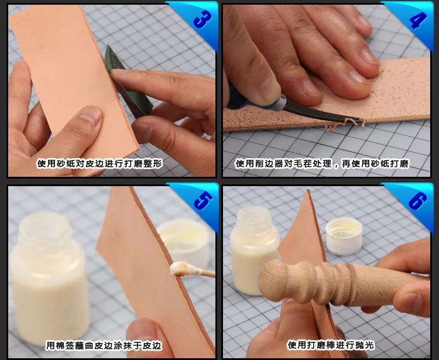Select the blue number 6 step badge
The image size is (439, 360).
point(417,201)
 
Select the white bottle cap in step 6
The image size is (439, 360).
point(344,236)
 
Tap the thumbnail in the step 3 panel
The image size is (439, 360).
point(90,115)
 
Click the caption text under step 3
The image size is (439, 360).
point(100,163)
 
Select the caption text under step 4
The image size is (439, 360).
point(322,163)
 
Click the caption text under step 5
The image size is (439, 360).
point(104,345)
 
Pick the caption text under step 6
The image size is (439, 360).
point(331,345)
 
